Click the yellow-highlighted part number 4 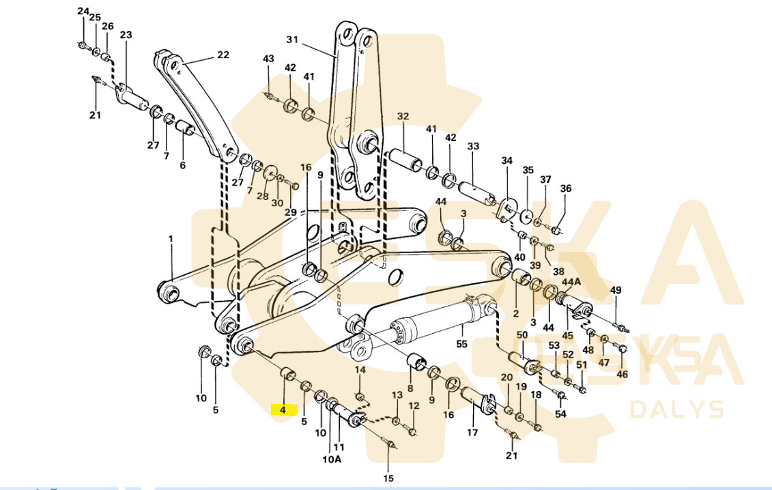[283, 409]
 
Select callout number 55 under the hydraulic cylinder [461, 344]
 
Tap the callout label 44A [571, 282]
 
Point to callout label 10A [332, 459]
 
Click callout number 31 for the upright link [292, 39]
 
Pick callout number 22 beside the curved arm [223, 54]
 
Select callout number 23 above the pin [126, 35]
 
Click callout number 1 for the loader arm [171, 239]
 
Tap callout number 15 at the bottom [388, 478]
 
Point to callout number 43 [268, 59]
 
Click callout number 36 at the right [566, 188]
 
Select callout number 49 [616, 290]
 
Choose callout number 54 [561, 414]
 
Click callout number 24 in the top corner [83, 12]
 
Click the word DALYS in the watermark [677, 409]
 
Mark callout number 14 [360, 369]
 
